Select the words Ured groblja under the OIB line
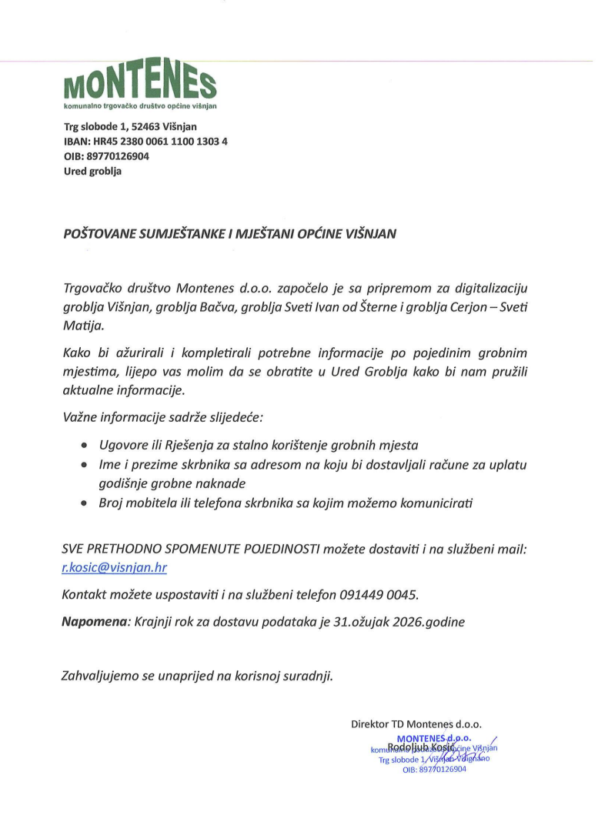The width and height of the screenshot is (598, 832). (x=92, y=171)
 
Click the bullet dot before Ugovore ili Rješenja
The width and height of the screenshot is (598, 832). (x=85, y=446)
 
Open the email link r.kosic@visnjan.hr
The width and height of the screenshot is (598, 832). (x=115, y=568)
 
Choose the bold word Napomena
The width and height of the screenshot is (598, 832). (x=94, y=620)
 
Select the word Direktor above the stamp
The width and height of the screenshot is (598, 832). (x=370, y=724)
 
